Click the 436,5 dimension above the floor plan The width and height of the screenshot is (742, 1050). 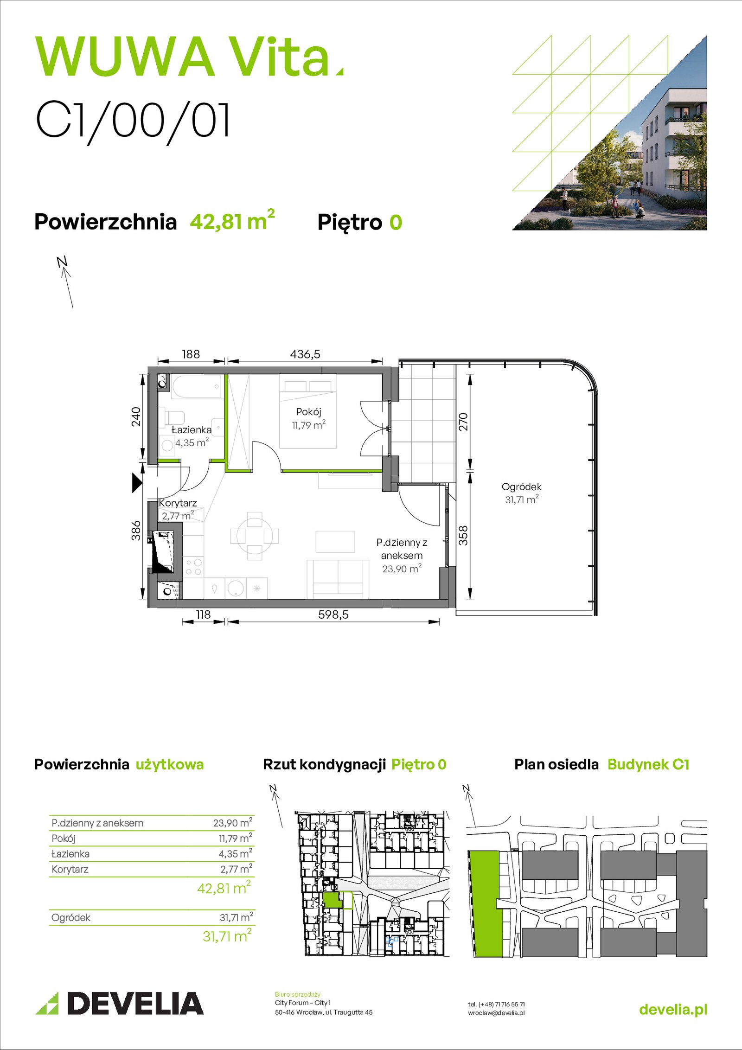[x=305, y=354]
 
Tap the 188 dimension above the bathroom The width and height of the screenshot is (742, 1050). [x=191, y=354]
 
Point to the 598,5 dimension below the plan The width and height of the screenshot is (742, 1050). [x=333, y=615]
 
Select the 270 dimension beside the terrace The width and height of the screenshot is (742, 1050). [x=463, y=422]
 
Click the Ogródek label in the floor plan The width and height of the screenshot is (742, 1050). [x=522, y=487]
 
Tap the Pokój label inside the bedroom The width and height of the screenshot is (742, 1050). [x=308, y=412]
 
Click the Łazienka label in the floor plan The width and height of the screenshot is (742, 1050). [x=192, y=430]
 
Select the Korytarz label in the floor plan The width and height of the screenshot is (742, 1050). [x=178, y=503]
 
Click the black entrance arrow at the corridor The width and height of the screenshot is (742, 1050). [x=137, y=482]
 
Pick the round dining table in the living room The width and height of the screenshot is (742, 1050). [x=255, y=536]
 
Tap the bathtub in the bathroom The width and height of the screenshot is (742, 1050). [x=197, y=387]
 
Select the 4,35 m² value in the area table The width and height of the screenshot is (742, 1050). [x=236, y=853]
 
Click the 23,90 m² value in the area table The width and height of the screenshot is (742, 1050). [x=233, y=822]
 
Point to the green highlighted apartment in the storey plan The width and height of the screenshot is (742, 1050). [x=333, y=900]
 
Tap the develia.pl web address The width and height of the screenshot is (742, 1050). [x=673, y=1010]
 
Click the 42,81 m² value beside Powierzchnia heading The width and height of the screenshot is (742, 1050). [x=232, y=220]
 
